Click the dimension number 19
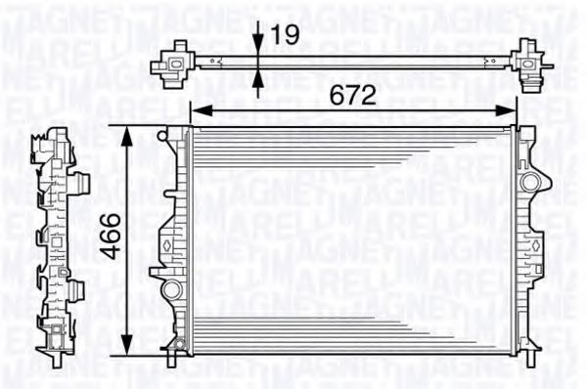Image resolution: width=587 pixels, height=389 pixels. click(x=284, y=37)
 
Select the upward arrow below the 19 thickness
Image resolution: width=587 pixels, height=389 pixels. click(x=256, y=83)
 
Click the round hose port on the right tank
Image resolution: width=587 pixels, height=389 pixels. click(x=530, y=183)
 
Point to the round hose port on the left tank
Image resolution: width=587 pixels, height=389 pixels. click(x=172, y=288)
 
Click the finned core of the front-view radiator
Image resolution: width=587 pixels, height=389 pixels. click(x=352, y=244)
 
